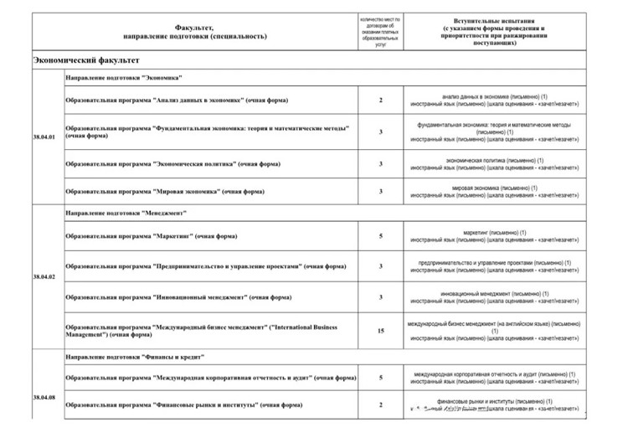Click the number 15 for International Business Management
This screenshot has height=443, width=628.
[380, 331]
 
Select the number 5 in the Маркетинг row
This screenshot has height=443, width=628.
[380, 237]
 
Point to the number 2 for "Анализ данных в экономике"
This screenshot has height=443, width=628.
[380, 100]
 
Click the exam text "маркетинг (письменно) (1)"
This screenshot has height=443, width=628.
[494, 232]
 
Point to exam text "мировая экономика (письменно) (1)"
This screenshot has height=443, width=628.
[494, 187]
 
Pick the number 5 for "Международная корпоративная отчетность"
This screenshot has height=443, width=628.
[380, 379]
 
